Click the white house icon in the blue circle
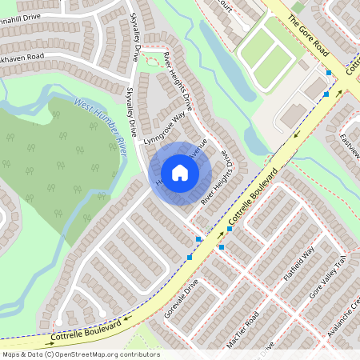pyautogui.click(x=180, y=173)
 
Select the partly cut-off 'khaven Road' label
pyautogui.click(x=33, y=58)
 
